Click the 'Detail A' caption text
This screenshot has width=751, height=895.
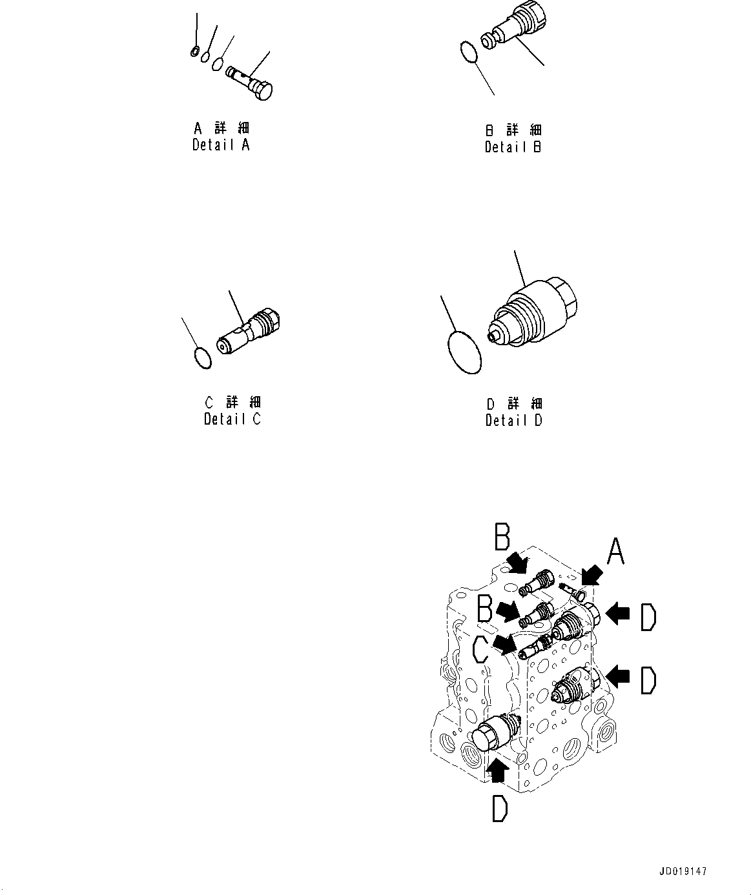click(220, 145)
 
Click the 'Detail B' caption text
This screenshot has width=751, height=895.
click(513, 146)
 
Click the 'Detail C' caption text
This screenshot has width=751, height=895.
click(232, 419)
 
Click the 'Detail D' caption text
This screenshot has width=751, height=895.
click(514, 420)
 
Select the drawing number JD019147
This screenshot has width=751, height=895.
click(684, 870)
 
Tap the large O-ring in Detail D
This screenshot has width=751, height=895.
click(464, 352)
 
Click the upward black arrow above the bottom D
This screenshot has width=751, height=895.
click(497, 767)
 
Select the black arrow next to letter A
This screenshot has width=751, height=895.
click(590, 574)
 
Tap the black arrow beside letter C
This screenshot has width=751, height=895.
click(503, 643)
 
